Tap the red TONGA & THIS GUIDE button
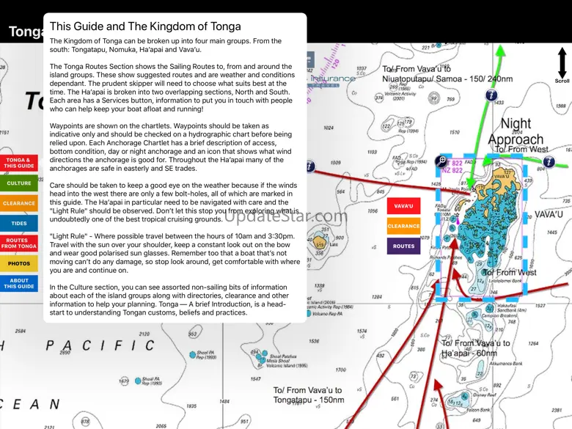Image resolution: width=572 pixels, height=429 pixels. pos(18,163)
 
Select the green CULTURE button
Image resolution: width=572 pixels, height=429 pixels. pos(18,183)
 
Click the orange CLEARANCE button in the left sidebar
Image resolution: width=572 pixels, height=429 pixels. pos(18,203)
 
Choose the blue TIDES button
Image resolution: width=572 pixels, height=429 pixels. pos(18,224)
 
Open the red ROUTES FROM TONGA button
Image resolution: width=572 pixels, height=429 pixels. pos(18,243)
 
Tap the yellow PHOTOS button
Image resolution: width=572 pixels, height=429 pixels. pos(18,263)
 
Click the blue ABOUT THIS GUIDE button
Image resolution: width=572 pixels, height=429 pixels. pos(18,283)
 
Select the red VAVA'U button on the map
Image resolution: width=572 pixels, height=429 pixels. pos(403,207)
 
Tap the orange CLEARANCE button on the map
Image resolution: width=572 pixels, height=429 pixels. pos(403,227)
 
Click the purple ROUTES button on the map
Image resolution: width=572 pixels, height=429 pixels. pos(403,246)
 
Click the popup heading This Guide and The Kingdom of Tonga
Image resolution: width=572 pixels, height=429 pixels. pos(144,27)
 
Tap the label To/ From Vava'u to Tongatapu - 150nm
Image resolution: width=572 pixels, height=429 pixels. pos(308,395)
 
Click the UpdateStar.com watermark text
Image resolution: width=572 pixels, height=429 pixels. pos(286,216)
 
